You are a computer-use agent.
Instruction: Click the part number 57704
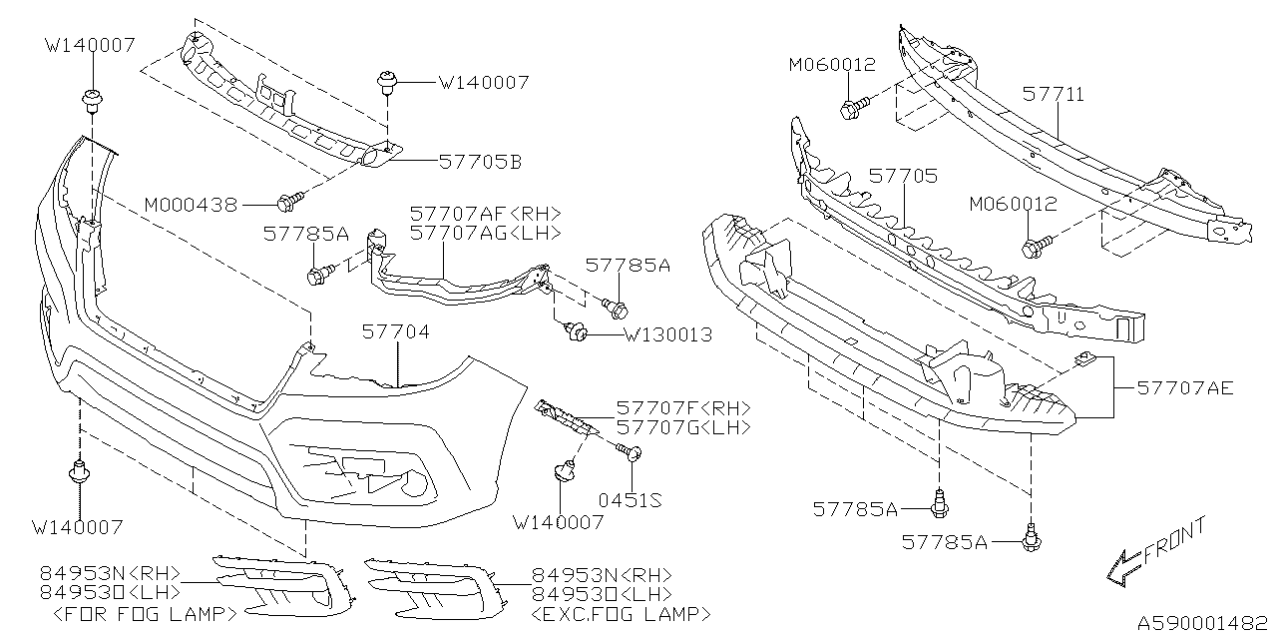click(x=396, y=330)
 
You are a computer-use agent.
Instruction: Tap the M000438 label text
click(x=191, y=205)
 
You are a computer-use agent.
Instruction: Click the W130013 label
click(x=667, y=334)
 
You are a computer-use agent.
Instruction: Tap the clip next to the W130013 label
click(x=576, y=331)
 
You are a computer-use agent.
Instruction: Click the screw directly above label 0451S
click(x=632, y=454)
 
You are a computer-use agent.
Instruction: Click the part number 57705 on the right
click(x=902, y=176)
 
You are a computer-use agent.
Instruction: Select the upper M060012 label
click(x=831, y=65)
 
